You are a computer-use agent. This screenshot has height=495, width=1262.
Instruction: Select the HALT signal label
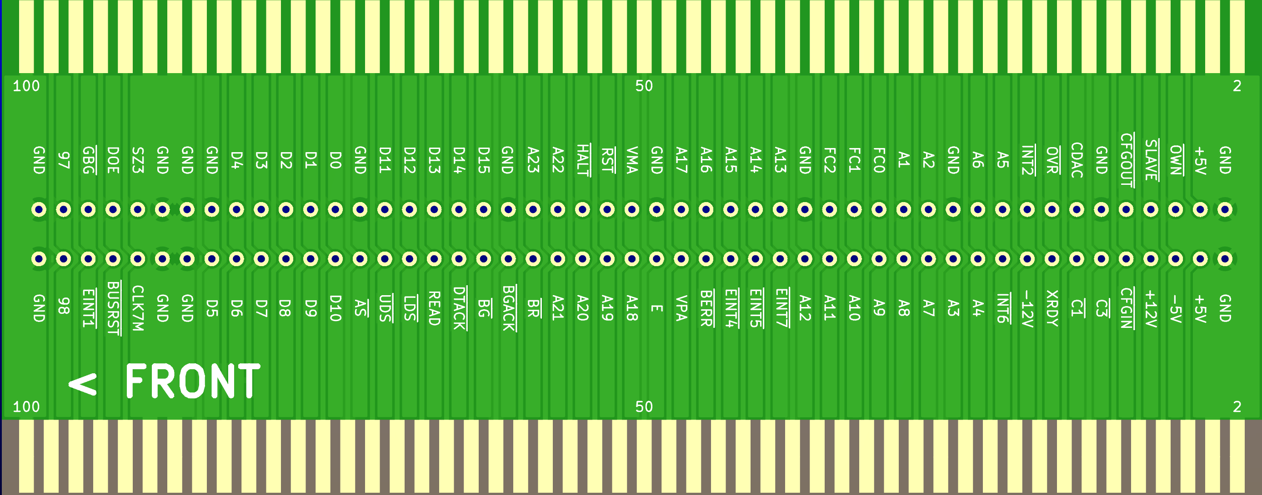(x=582, y=160)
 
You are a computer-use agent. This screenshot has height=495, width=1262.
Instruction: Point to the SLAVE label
(x=1151, y=160)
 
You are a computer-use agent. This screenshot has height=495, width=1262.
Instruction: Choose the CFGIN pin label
(x=1126, y=308)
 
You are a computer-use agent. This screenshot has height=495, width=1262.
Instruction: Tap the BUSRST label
(x=113, y=308)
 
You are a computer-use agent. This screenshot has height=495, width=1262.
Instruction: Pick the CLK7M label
(x=138, y=308)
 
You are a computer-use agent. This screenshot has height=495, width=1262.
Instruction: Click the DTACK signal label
(x=459, y=308)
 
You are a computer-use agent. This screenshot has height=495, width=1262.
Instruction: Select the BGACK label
(x=509, y=308)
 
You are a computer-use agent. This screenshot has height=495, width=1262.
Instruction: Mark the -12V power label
(x=1027, y=308)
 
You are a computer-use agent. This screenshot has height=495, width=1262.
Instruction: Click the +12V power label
(x=1151, y=308)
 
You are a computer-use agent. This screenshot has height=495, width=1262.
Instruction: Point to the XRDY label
(x=1052, y=308)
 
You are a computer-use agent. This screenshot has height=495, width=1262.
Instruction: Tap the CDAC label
(x=1077, y=160)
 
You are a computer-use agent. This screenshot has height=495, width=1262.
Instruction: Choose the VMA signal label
(x=632, y=160)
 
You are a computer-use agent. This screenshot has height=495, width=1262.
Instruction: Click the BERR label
(x=706, y=308)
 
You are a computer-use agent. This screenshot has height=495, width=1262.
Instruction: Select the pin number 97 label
(x=64, y=160)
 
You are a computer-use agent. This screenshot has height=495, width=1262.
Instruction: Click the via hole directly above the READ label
(x=434, y=258)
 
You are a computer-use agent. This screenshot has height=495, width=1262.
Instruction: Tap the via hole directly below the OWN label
(x=1175, y=209)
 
